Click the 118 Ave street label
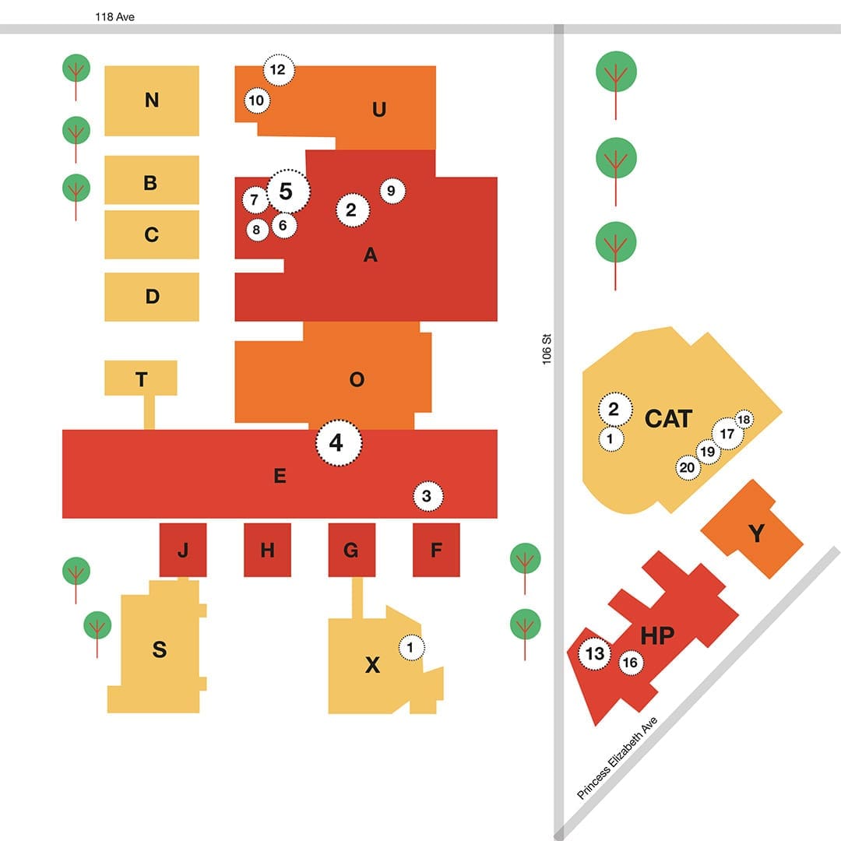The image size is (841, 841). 114,16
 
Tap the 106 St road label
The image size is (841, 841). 547,349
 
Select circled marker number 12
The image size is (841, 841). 277,70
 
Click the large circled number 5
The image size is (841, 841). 287,191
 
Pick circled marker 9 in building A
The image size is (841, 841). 392,191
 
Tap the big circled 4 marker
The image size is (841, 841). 338,442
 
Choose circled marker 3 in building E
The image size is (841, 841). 427,496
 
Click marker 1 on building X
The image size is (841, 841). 412,646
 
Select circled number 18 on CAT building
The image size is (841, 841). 744,420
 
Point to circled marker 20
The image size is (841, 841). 688,467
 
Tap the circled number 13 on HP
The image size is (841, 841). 595,653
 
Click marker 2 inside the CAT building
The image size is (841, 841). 614,409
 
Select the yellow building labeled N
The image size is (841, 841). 152,100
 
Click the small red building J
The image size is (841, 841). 183,551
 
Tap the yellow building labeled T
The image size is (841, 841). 141,378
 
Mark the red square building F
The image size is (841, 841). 436,551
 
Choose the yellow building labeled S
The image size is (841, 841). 159,650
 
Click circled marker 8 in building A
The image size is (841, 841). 255,230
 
